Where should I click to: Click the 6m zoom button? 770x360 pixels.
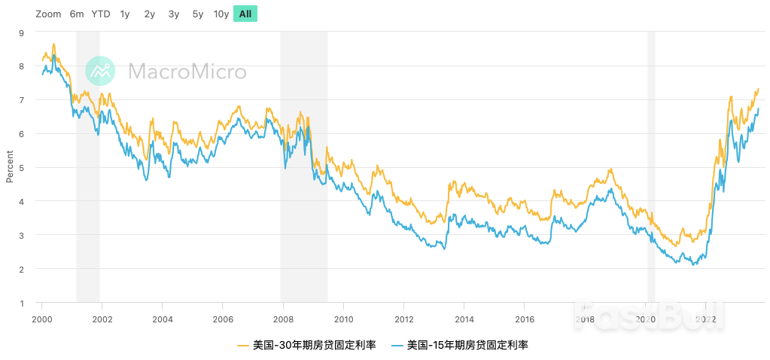[77, 14]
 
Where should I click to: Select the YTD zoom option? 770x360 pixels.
[100, 14]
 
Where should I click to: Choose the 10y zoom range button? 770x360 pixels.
[221, 14]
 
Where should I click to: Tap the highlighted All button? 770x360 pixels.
[245, 14]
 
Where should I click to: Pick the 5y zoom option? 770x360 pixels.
[198, 14]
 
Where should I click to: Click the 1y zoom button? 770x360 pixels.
[125, 14]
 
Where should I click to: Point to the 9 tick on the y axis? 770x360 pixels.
[21, 32]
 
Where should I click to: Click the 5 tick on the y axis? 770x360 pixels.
[21, 168]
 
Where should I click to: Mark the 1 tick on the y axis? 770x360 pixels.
[21, 304]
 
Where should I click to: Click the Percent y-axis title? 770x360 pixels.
[10, 166]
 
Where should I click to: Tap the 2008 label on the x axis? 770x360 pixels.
[283, 319]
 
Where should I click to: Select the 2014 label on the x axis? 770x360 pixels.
[464, 319]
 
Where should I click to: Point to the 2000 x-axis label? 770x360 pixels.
[41, 319]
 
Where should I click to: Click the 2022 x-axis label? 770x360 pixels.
[705, 319]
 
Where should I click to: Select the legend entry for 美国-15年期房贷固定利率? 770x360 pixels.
[461, 346]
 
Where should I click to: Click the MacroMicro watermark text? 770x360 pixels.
[187, 72]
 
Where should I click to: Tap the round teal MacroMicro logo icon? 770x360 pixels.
[100, 72]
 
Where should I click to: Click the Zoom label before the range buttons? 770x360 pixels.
[48, 14]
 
